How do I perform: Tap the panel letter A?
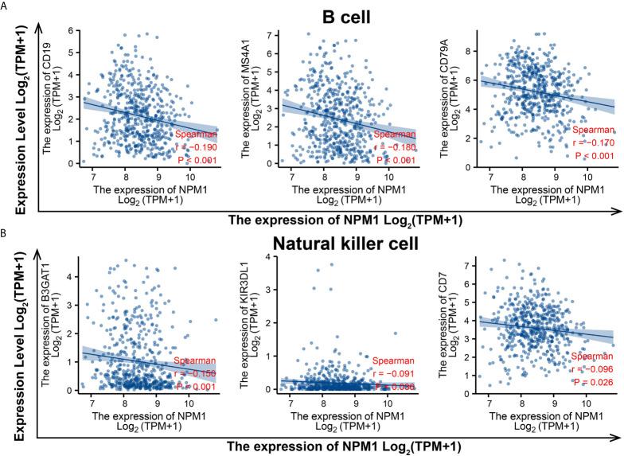click(6, 6)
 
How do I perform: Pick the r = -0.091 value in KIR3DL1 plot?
click(391, 370)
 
